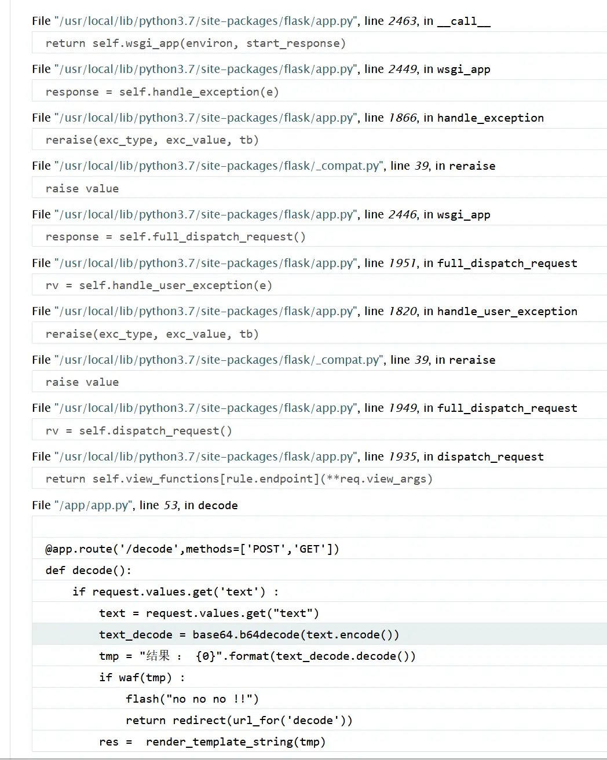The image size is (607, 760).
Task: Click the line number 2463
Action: click(x=402, y=21)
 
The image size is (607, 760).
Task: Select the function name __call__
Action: click(x=463, y=21)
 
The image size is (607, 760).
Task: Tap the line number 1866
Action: click(x=402, y=118)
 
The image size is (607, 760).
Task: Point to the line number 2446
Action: click(x=402, y=215)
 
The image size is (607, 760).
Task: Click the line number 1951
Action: click(x=402, y=264)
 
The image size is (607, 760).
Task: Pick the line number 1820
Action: click(x=402, y=312)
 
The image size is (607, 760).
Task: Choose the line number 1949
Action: click(x=402, y=408)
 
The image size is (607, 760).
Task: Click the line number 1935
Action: click(x=402, y=457)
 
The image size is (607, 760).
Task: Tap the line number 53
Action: click(x=170, y=506)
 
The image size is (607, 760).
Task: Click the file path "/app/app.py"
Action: click(x=94, y=506)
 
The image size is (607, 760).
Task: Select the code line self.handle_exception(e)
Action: click(x=199, y=92)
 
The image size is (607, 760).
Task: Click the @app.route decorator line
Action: click(x=192, y=549)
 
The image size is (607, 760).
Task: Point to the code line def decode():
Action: click(x=89, y=571)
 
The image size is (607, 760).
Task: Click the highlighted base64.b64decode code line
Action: click(x=249, y=635)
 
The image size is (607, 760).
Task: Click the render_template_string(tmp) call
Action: click(x=235, y=742)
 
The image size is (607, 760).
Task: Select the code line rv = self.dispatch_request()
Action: click(x=139, y=431)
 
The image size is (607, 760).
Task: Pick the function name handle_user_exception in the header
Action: click(x=507, y=312)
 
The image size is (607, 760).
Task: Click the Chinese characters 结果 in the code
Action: click(x=158, y=656)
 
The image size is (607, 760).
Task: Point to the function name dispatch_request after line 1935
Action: click(x=490, y=457)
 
